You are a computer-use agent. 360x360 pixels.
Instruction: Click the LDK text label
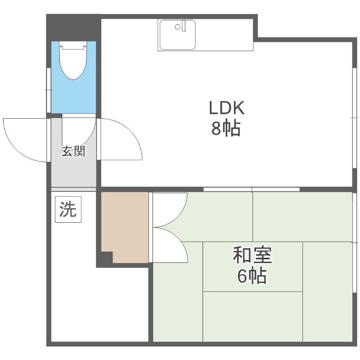tap(226, 108)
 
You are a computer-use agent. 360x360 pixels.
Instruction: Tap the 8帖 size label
tap(226, 129)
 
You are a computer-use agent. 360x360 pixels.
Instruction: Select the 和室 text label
tap(252, 256)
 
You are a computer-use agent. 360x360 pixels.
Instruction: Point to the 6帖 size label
tap(252, 276)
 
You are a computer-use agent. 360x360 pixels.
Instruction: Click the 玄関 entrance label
tap(73, 152)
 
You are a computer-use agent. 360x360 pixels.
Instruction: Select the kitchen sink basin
tap(177, 35)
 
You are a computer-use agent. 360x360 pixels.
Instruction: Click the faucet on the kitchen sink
tap(182, 26)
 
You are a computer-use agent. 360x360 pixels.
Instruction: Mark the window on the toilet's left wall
tap(49, 90)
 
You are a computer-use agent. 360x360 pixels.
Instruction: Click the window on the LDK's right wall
tap(354, 117)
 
